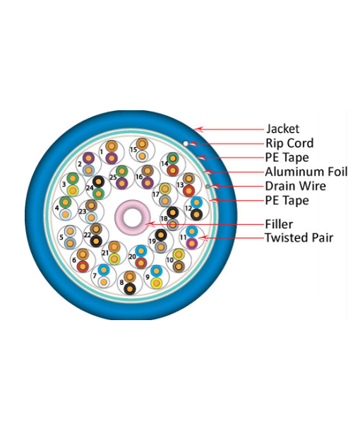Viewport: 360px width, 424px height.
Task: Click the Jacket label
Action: (283, 129)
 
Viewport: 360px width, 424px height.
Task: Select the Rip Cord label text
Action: (289, 143)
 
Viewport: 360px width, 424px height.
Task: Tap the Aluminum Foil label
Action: (306, 172)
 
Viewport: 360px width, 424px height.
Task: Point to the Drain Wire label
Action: (296, 186)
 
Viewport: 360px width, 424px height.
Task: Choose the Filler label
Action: (279, 224)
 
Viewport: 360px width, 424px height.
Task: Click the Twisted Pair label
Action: (299, 237)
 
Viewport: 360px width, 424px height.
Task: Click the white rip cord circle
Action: (186, 143)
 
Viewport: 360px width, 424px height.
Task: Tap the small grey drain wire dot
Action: (208, 187)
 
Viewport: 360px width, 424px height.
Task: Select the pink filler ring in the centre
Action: (133, 218)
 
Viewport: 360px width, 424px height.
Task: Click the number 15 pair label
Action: (133, 150)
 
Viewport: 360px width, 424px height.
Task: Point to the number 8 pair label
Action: (121, 283)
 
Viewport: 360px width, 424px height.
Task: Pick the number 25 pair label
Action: (113, 177)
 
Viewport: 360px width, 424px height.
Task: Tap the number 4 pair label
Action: (57, 208)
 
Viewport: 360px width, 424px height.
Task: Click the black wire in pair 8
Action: (130, 289)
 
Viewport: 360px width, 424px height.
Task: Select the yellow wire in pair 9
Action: (157, 283)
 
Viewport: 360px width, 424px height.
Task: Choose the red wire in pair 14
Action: (173, 170)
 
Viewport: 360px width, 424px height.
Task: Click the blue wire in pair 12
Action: (196, 203)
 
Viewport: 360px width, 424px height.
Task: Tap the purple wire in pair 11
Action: (191, 243)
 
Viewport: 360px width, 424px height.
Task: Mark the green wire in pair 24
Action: (98, 194)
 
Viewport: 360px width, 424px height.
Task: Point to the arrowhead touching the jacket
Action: (198, 129)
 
